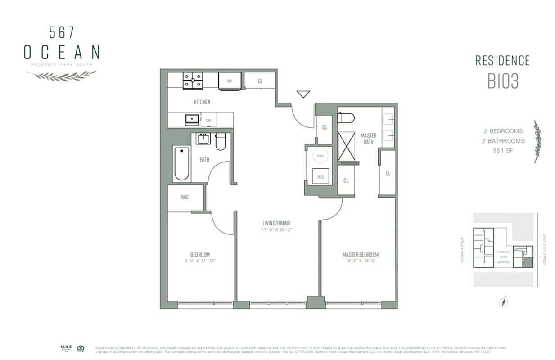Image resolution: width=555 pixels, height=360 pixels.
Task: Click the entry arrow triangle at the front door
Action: pyautogui.click(x=303, y=94)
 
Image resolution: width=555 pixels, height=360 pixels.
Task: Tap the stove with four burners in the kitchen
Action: pyautogui.click(x=193, y=81)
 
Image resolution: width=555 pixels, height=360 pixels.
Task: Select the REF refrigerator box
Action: pyautogui.click(x=229, y=81)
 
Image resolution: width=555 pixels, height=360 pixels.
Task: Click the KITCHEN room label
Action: pyautogui.click(x=202, y=102)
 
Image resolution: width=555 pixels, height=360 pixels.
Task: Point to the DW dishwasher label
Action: pyautogui.click(x=208, y=121)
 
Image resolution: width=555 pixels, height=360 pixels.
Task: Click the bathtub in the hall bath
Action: pyautogui.click(x=181, y=163)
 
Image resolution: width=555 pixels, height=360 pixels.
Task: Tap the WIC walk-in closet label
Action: pyautogui.click(x=185, y=197)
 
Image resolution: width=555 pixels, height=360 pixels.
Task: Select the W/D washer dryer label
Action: pyautogui.click(x=320, y=177)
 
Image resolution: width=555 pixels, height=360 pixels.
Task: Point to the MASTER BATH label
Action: pyautogui.click(x=368, y=139)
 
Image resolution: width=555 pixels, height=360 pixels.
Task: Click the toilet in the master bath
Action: pyautogui.click(x=346, y=117)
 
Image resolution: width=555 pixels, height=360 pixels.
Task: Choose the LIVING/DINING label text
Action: pyautogui.click(x=277, y=223)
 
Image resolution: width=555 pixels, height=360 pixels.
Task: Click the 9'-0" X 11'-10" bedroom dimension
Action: pyautogui.click(x=200, y=261)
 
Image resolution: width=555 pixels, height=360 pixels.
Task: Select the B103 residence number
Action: pyautogui.click(x=503, y=81)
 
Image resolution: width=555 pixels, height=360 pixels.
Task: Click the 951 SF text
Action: pyautogui.click(x=503, y=150)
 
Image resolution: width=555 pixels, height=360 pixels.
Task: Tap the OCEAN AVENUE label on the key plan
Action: pyautogui.click(x=462, y=250)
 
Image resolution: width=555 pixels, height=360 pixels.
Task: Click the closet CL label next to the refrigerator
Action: pyautogui.click(x=260, y=81)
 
